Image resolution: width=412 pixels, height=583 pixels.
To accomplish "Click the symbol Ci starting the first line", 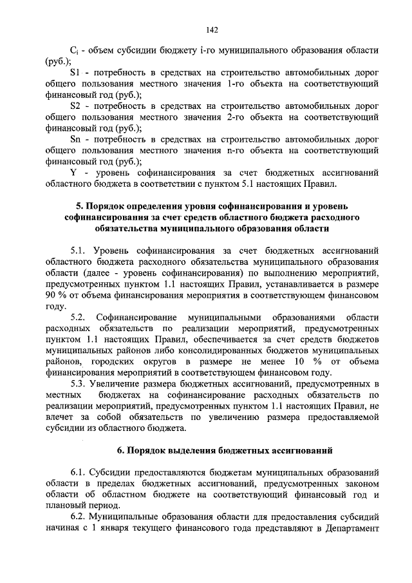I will pos(74,50).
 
